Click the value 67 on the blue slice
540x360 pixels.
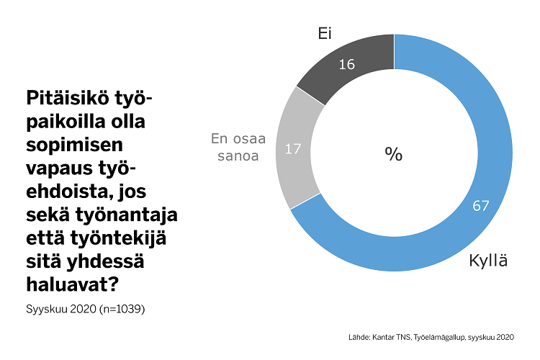click(x=481, y=205)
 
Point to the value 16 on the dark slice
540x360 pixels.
click(x=346, y=65)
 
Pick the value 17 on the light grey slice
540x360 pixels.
click(x=293, y=150)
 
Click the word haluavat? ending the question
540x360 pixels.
click(x=73, y=284)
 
